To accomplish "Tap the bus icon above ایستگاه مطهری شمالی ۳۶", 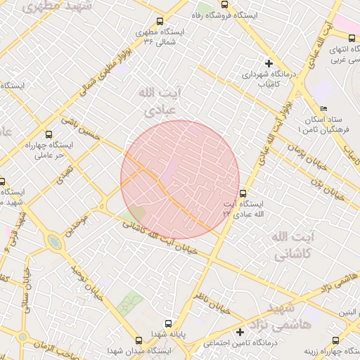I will [x=160, y=22].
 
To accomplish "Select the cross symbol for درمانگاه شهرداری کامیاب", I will [x=269, y=63].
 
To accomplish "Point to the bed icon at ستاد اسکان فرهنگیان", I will [x=323, y=108].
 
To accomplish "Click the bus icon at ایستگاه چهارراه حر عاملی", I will [x=49, y=134].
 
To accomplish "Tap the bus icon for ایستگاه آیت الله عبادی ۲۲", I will [x=243, y=193].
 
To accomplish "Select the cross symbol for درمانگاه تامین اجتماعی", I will [x=240, y=332].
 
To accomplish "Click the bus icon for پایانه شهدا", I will [x=160, y=335].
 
